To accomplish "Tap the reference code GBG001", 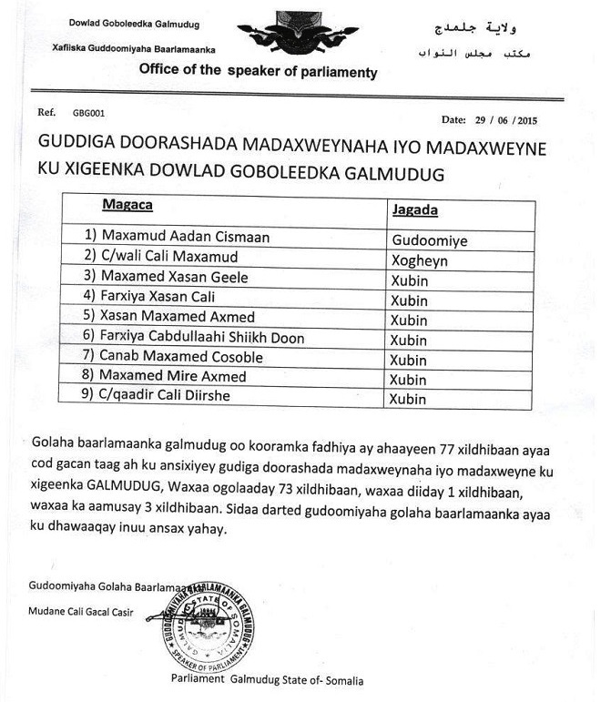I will pos(87,114).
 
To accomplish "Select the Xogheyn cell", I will pos(420,258).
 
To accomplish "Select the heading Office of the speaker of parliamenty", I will pos(258,72).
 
